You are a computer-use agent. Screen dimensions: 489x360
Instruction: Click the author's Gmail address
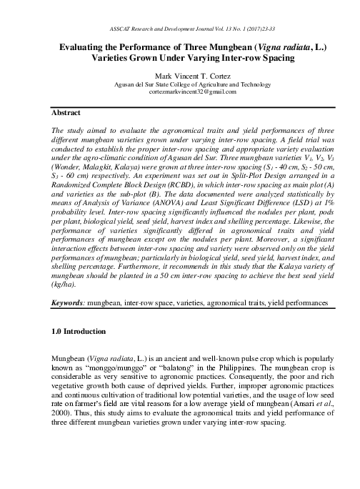(x=181, y=92)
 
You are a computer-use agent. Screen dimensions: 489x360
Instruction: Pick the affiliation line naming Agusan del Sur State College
(x=181, y=83)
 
